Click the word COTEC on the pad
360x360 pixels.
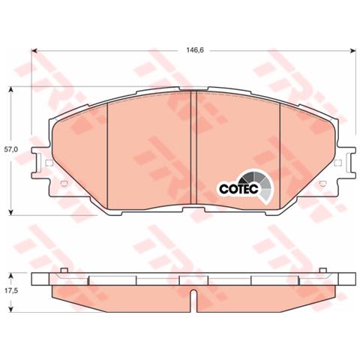(238, 190)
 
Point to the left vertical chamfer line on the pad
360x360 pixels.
(109, 150)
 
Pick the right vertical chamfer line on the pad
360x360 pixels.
(280, 150)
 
